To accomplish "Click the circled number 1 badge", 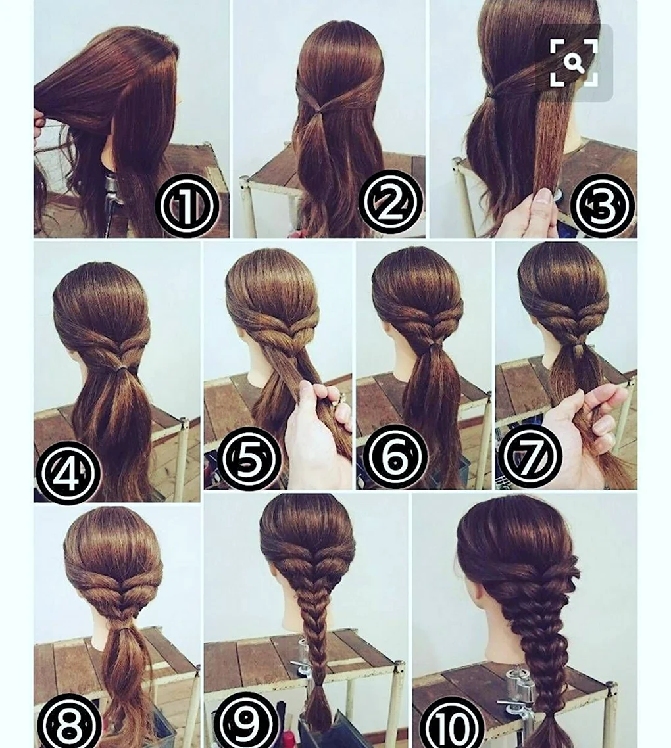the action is tap(187, 206).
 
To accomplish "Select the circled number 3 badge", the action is tap(602, 206).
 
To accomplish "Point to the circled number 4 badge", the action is tap(68, 473).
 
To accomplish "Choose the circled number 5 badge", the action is tap(249, 459).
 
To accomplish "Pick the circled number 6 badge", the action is tap(395, 457).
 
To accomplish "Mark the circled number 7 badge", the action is tap(530, 457).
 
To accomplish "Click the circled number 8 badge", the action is tap(69, 723).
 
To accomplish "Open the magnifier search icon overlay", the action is tap(574, 63).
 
